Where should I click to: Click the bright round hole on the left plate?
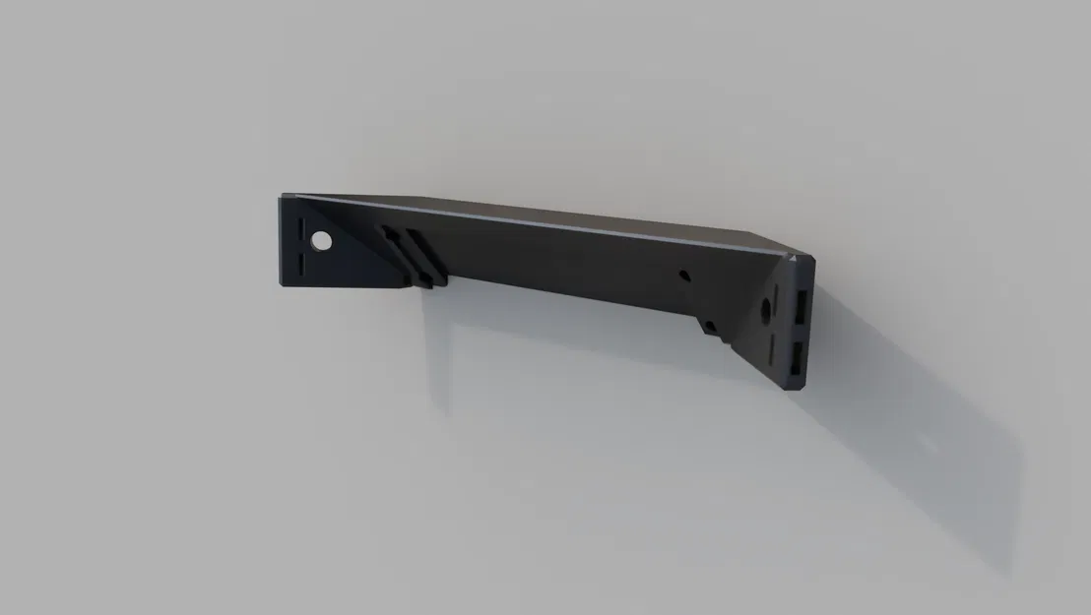pyautogui.click(x=320, y=239)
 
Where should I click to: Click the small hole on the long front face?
pyautogui.click(x=686, y=277)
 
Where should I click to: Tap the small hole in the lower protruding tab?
pyautogui.click(x=710, y=326)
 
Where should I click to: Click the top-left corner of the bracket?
pyautogui.click(x=283, y=197)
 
